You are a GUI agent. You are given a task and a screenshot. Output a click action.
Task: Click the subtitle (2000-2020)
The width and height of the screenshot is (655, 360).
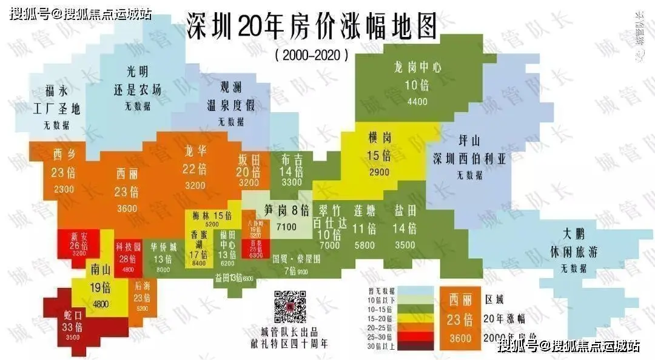(x=311, y=55)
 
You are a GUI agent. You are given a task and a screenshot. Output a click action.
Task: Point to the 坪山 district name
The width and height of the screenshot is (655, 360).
(x=470, y=141)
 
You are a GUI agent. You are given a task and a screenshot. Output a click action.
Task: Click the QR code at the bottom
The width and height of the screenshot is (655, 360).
(x=289, y=306)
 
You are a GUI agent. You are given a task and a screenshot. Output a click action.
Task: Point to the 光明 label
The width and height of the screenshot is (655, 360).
(x=138, y=72)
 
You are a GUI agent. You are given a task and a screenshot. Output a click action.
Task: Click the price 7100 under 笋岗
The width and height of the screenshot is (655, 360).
(x=286, y=227)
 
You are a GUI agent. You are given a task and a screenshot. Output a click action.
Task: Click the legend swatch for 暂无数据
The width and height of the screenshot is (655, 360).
(x=417, y=290)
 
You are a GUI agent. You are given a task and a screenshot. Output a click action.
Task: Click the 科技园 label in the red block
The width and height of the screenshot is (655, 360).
(x=129, y=247)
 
